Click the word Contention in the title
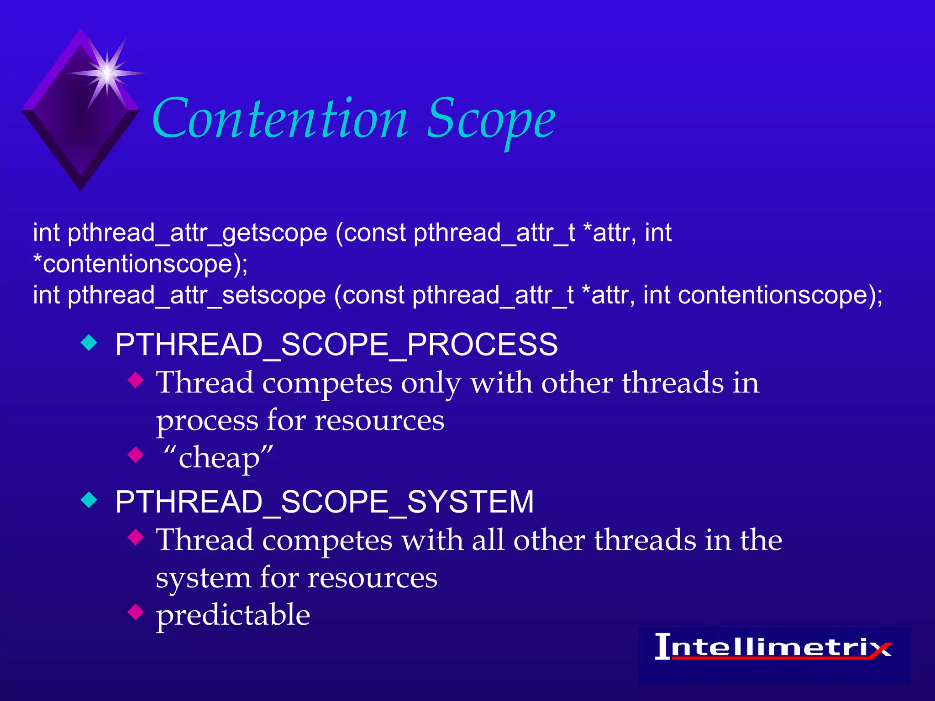pos(279,120)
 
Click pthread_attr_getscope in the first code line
pos(197,233)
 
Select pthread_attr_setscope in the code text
pos(196,295)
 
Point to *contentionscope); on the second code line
pos(141,264)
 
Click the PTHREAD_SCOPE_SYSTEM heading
pos(324,502)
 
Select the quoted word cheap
pos(218,458)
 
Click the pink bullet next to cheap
pos(136,455)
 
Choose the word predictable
pos(233,615)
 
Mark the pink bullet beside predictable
pos(136,612)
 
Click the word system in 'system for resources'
pos(203,579)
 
